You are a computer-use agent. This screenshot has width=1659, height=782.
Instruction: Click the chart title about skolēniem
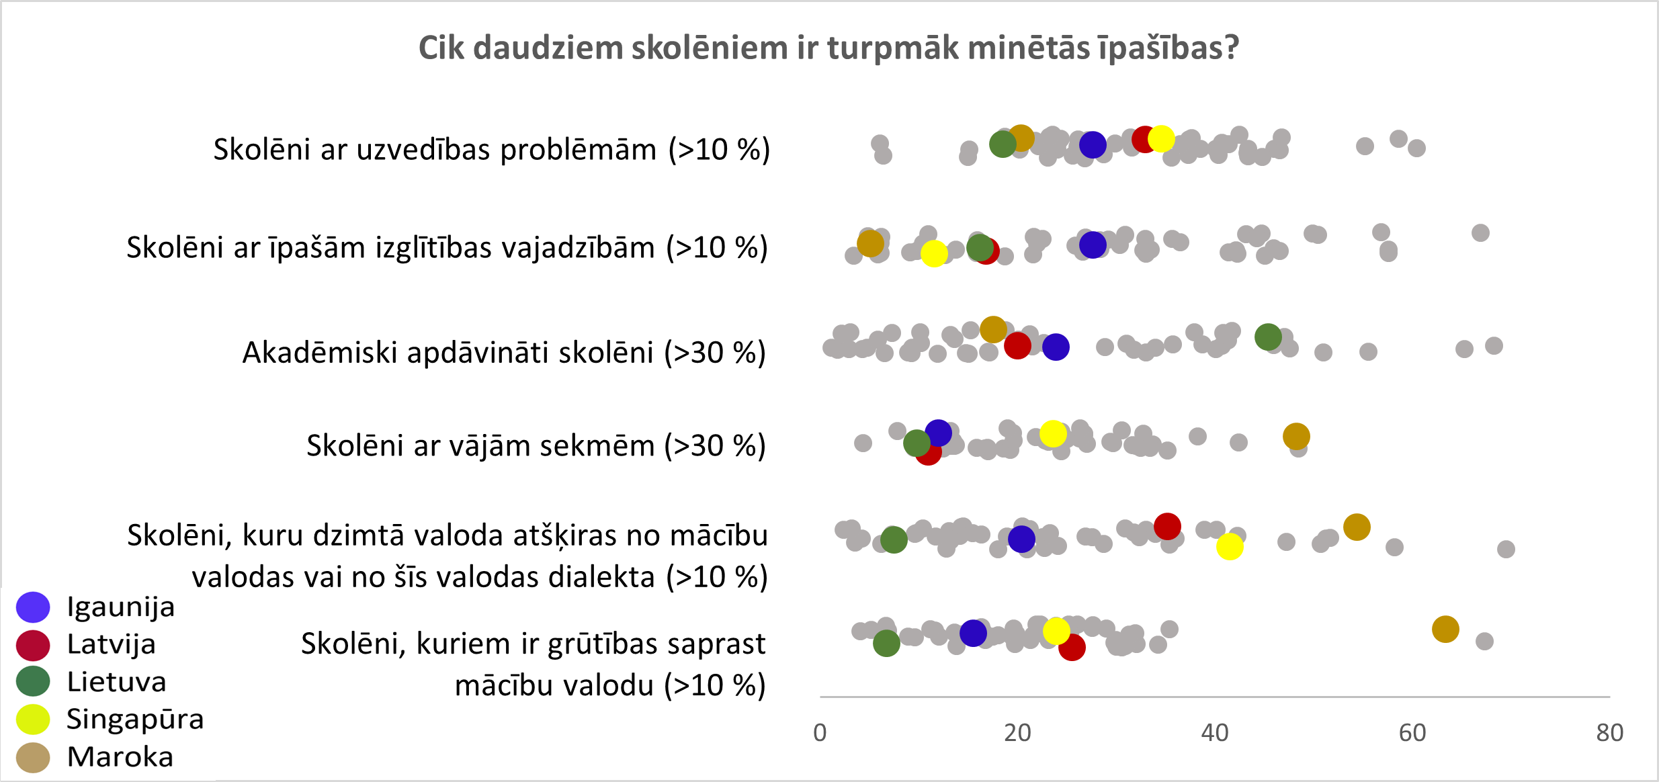(828, 48)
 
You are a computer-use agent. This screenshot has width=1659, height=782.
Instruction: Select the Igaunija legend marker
(33, 607)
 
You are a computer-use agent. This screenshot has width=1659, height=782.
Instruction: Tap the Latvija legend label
(112, 644)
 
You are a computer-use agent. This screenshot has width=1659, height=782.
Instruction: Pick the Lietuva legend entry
(116, 682)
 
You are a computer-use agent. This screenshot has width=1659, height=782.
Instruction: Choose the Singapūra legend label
(135, 719)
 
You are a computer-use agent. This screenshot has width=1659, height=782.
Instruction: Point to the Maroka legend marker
(33, 757)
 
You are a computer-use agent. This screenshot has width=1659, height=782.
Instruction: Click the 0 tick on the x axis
(820, 732)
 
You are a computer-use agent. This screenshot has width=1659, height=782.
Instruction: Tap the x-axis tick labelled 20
(1017, 732)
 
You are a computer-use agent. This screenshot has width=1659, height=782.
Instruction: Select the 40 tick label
(1215, 732)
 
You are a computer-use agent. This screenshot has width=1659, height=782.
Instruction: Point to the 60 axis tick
(1412, 732)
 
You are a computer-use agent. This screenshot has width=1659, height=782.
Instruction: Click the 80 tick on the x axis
(1610, 732)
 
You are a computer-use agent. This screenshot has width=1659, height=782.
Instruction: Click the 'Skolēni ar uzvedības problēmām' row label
(491, 149)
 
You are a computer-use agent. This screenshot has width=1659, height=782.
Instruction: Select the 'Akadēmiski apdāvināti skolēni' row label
(504, 352)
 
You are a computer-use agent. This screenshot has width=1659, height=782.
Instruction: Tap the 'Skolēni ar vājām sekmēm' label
(536, 445)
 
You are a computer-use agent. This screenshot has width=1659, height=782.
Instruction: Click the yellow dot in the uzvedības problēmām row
(1161, 138)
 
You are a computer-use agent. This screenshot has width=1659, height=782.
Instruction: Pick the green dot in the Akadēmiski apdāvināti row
(1268, 337)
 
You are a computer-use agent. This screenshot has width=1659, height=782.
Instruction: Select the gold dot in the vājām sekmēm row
(1296, 436)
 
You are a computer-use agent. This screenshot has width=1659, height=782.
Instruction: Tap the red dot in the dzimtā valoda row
(1167, 526)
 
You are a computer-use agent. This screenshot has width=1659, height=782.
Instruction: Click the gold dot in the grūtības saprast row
(1445, 629)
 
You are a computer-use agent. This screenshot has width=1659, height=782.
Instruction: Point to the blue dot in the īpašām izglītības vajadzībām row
(1093, 245)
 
